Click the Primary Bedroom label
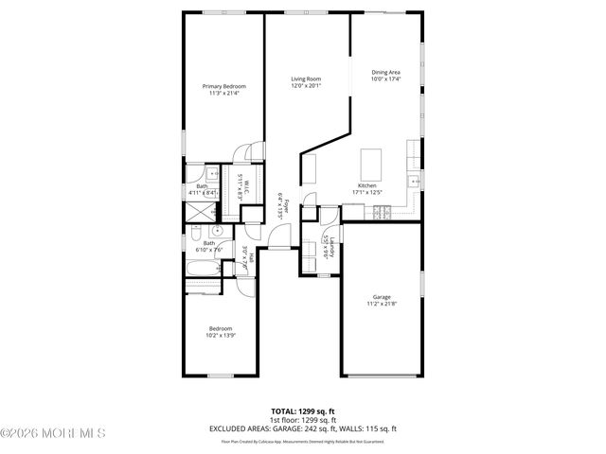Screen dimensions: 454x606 click(223, 86)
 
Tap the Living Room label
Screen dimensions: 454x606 click(306, 79)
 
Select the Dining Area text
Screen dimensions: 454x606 click(385, 72)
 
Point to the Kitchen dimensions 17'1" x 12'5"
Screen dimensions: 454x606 click(367, 193)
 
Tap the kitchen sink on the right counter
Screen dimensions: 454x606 click(414, 180)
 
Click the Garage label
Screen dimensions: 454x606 click(381, 296)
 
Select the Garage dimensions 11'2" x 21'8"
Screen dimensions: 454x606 click(381, 304)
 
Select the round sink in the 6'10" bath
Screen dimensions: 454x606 click(217, 230)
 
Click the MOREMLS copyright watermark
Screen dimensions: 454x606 click(53, 434)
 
